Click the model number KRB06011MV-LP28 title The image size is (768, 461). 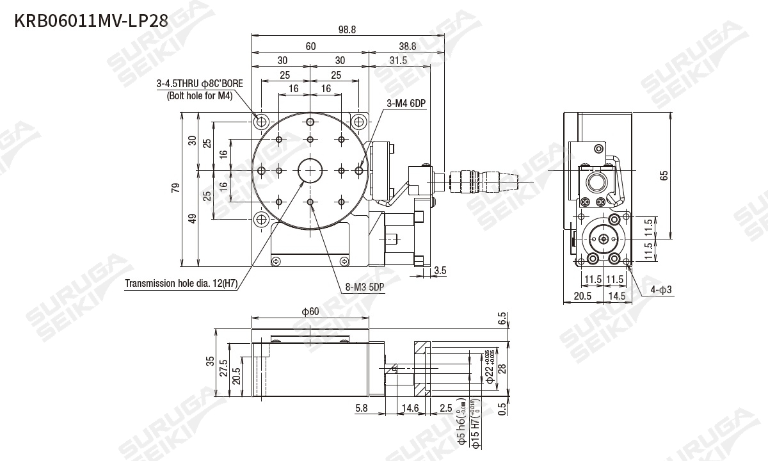tap(91, 20)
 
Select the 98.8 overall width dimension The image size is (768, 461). tap(346, 29)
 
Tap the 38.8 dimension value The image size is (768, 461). tap(407, 46)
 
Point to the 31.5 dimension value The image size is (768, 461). tap(398, 60)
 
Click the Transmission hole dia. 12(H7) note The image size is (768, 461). tap(181, 283)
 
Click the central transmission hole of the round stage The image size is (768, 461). tap(310, 170)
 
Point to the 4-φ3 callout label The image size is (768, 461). tap(661, 289)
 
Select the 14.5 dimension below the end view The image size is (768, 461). tap(618, 296)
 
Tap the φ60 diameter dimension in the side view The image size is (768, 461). tap(310, 312)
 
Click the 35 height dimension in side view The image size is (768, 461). tap(210, 362)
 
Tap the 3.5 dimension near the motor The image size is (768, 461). tap(440, 270)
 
